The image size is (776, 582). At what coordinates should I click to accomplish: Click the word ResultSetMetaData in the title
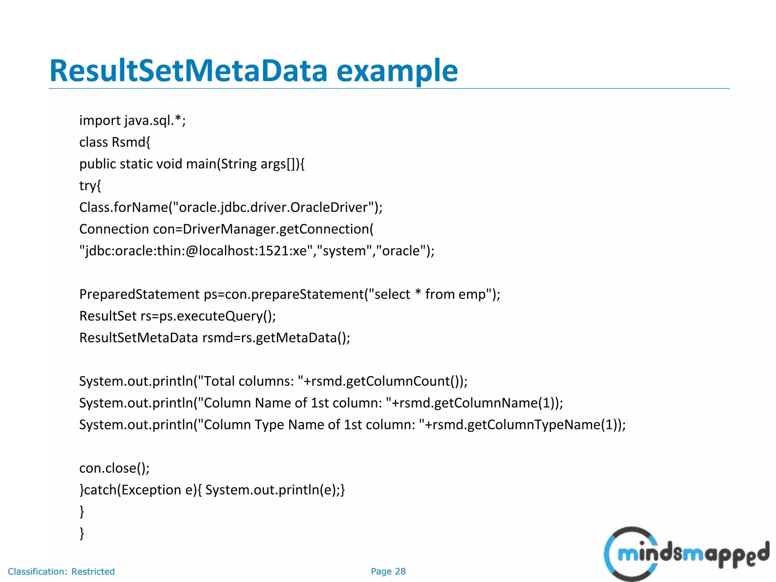[x=188, y=71]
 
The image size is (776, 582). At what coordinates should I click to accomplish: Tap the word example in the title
[x=397, y=71]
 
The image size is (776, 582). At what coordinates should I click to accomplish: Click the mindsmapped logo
[x=686, y=554]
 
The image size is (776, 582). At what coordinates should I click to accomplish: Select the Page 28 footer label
[x=388, y=571]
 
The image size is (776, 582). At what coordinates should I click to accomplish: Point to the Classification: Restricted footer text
[x=61, y=571]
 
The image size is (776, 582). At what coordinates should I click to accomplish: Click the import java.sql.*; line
[x=132, y=120]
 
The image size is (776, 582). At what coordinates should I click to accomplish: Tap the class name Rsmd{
[x=131, y=142]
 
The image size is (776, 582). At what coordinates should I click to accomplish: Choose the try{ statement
[x=90, y=186]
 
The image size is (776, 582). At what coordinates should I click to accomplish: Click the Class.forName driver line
[x=231, y=207]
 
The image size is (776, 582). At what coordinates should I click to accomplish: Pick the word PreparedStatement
[x=139, y=294]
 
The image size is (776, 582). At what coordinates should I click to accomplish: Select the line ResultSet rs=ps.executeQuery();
[x=177, y=316]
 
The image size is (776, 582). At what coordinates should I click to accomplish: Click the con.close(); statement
[x=114, y=468]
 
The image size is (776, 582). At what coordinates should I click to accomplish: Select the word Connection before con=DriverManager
[x=114, y=229]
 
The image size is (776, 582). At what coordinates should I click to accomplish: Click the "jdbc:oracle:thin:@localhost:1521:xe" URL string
[x=196, y=251]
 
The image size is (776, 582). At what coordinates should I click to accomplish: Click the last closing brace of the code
[x=81, y=533]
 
